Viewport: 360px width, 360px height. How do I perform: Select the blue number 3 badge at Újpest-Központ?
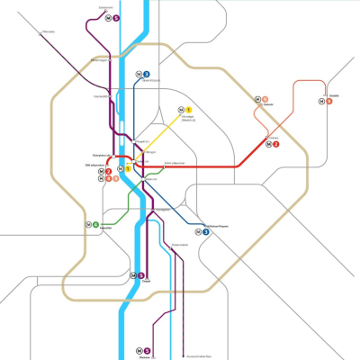click(x=146, y=74)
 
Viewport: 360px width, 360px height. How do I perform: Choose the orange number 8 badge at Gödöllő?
click(x=329, y=101)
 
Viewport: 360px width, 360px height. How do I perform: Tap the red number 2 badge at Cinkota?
click(x=276, y=144)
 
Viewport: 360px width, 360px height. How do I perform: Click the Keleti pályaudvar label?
click(x=173, y=163)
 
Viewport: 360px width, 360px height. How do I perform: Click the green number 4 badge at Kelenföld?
click(x=95, y=224)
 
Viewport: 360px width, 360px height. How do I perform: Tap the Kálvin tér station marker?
click(x=142, y=177)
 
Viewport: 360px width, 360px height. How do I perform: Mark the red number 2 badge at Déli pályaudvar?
click(x=109, y=171)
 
